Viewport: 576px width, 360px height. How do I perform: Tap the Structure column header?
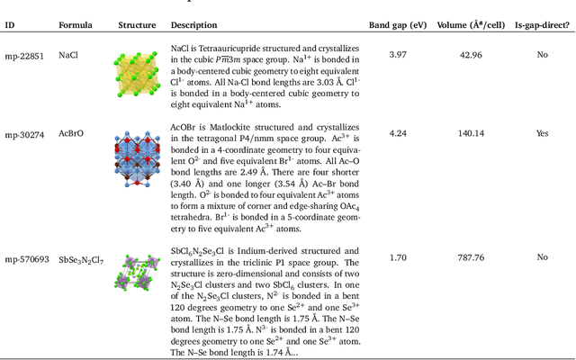137,25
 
